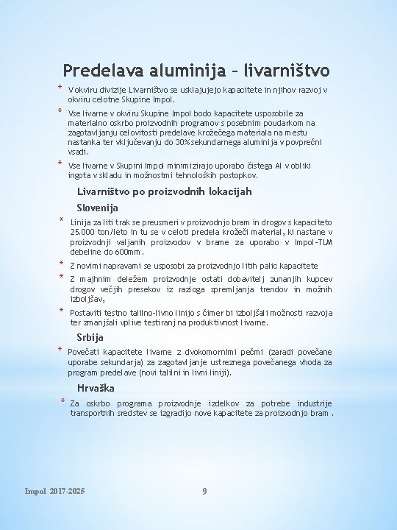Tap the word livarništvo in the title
click(290, 71)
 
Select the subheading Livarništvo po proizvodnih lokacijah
click(164, 191)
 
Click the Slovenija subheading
click(98, 208)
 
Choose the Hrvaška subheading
click(96, 388)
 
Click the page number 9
click(204, 491)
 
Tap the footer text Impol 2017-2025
click(54, 491)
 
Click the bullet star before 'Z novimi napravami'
click(62, 264)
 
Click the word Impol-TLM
click(316, 242)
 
